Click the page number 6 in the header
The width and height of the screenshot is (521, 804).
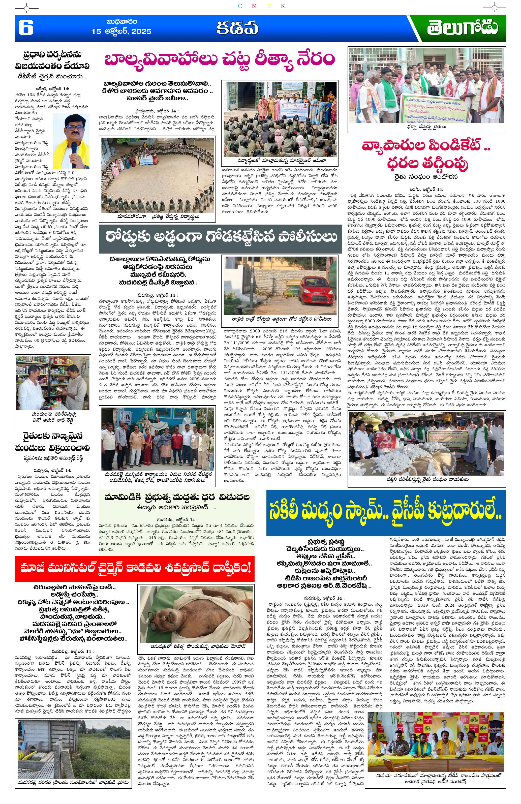[26, 28]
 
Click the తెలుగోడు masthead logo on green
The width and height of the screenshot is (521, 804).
[462, 28]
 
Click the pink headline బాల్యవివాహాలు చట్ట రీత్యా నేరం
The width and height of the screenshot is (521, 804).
[219, 59]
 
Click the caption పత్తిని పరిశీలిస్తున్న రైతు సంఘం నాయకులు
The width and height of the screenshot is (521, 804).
[427, 479]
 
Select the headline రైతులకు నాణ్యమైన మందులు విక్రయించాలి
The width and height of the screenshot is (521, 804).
[53, 442]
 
